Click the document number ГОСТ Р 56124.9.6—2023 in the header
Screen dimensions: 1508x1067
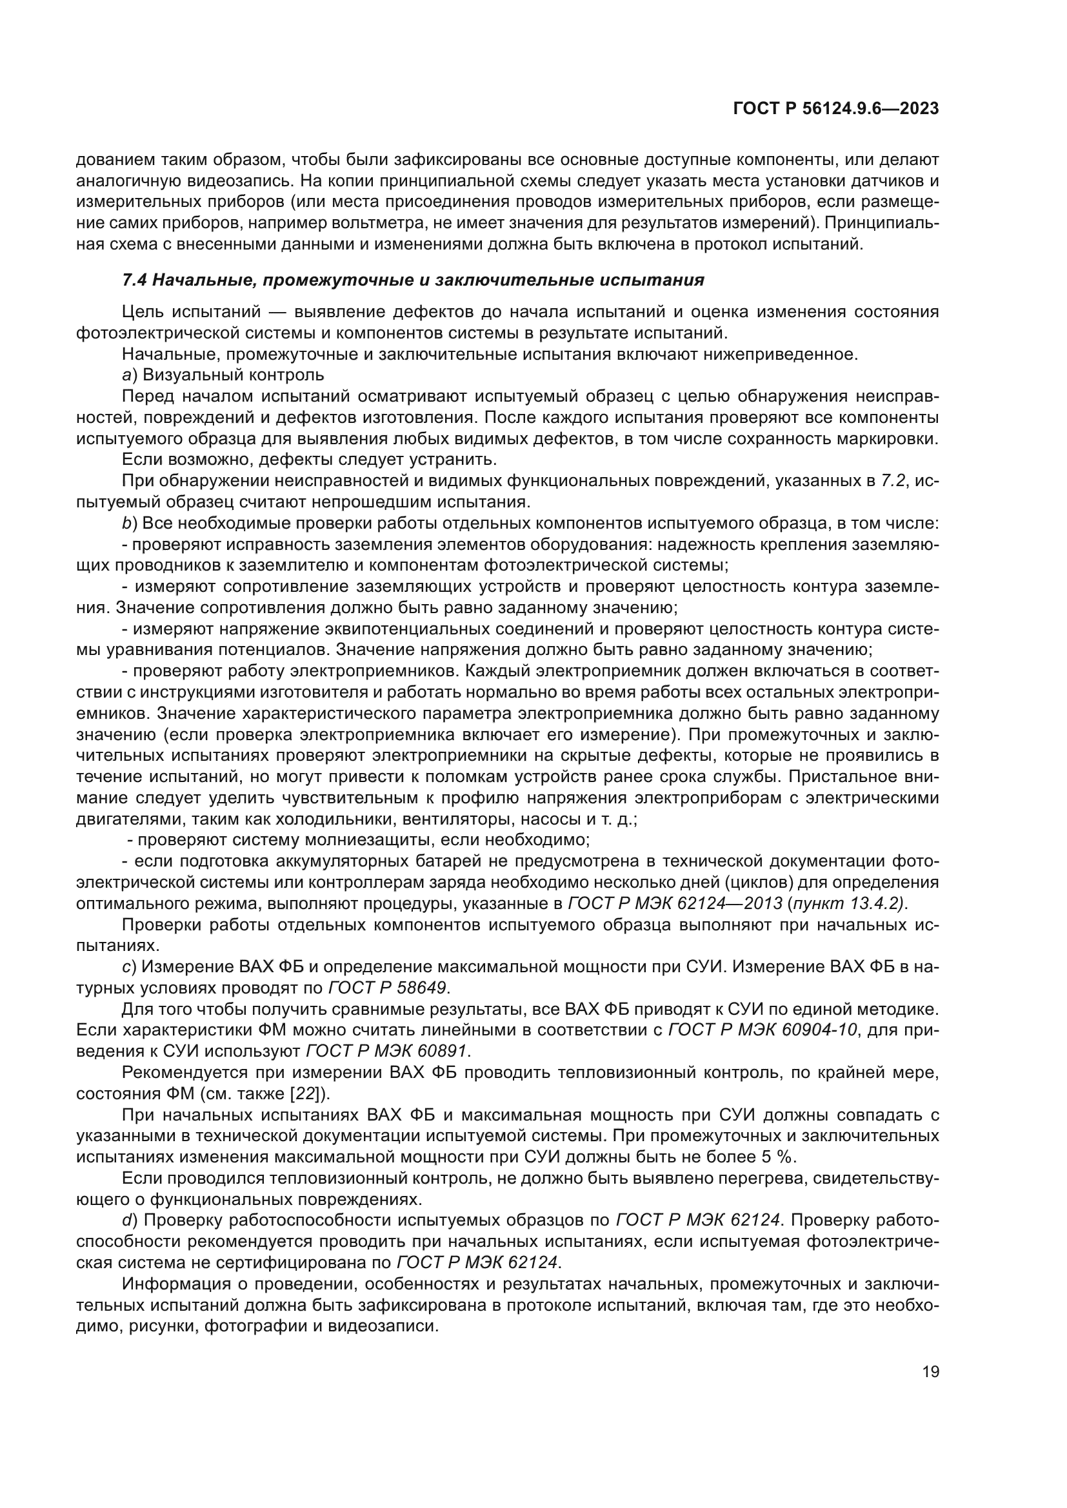pyautogui.click(x=835, y=109)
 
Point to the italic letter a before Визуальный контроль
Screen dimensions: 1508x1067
pyautogui.click(x=126, y=376)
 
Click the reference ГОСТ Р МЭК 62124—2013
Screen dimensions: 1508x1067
pyautogui.click(x=674, y=905)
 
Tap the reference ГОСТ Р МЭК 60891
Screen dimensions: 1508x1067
pyautogui.click(x=388, y=1052)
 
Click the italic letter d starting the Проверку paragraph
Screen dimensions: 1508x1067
pyautogui.click(x=126, y=1220)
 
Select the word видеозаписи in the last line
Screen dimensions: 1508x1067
pyautogui.click(x=387, y=1326)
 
